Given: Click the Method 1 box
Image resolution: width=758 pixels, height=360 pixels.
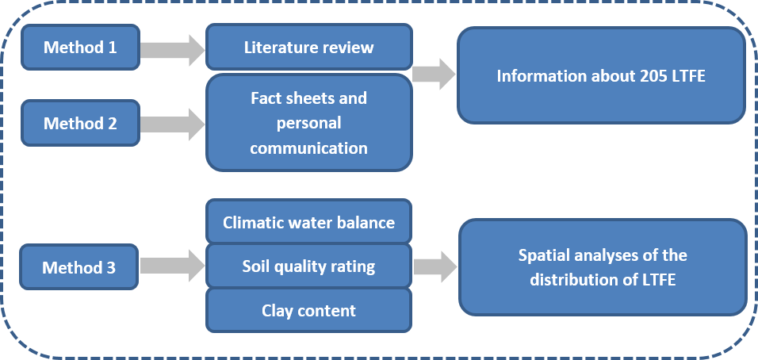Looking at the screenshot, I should pyautogui.click(x=80, y=47).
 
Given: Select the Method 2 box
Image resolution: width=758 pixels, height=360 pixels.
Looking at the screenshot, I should pyautogui.click(x=80, y=123).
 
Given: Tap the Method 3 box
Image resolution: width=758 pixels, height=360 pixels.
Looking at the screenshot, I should pyautogui.click(x=79, y=267).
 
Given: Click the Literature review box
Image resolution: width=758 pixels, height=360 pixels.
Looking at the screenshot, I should pyautogui.click(x=308, y=47).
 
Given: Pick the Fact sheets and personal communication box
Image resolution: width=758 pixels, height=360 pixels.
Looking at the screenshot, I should pyautogui.click(x=308, y=123).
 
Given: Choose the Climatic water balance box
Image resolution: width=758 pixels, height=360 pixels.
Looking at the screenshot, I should pyautogui.click(x=308, y=222).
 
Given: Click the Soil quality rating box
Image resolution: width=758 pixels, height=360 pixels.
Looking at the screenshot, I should pyautogui.click(x=308, y=266).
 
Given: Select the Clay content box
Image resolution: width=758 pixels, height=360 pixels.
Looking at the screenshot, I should pyautogui.click(x=308, y=310).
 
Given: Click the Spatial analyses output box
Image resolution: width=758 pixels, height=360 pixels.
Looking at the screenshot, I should pyautogui.click(x=602, y=266).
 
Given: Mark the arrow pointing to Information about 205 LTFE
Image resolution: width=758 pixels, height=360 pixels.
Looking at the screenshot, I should pyautogui.click(x=434, y=74).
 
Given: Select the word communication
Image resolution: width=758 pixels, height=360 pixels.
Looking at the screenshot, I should pyautogui.click(x=308, y=148).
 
